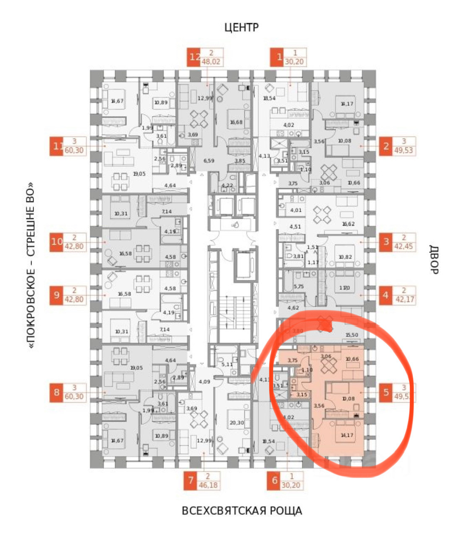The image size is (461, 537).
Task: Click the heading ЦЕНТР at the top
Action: pyautogui.click(x=241, y=28)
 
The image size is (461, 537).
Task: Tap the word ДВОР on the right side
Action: pyautogui.click(x=434, y=259)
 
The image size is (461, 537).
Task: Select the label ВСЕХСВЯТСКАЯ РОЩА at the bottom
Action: pyautogui.click(x=242, y=511)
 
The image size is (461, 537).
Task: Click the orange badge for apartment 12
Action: pyautogui.click(x=194, y=57)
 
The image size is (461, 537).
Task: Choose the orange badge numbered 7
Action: pyautogui.click(x=191, y=481)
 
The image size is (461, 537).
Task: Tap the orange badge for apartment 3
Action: pyautogui.click(x=386, y=242)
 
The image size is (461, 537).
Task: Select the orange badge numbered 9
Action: pyautogui.click(x=57, y=295)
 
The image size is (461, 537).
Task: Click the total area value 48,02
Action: pyautogui.click(x=212, y=62)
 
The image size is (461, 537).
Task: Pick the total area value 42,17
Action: pyautogui.click(x=404, y=300)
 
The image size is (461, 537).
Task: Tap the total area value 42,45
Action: pyautogui.click(x=404, y=247)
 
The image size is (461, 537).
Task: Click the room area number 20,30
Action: pyautogui.click(x=237, y=423)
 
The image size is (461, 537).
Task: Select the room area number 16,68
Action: pyautogui.click(x=236, y=122)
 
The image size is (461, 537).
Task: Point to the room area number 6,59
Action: pyautogui.click(x=209, y=160)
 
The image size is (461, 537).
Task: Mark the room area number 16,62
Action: pyautogui.click(x=348, y=224)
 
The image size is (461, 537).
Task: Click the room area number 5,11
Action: pyautogui.click(x=227, y=364)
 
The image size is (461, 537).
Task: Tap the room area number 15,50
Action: pyautogui.click(x=351, y=335)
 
